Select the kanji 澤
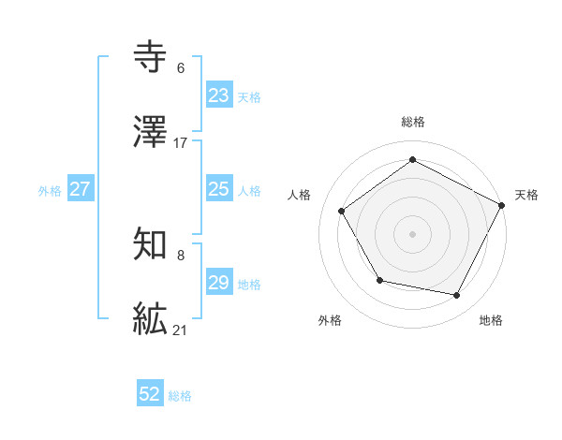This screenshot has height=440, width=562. pyautogui.click(x=151, y=132)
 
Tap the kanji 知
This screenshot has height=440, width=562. pyautogui.click(x=151, y=245)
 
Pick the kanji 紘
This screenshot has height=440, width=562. pyautogui.click(x=151, y=318)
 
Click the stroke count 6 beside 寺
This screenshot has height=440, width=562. pyautogui.click(x=180, y=68)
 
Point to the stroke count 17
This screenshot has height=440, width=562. pyautogui.click(x=181, y=142)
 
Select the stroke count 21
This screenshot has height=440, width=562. pyautogui.click(x=181, y=329)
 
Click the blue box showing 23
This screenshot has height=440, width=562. pyautogui.click(x=219, y=95)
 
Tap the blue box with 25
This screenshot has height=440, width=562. pyautogui.click(x=219, y=189)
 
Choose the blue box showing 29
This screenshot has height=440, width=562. pyautogui.click(x=219, y=283)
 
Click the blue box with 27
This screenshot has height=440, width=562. pyautogui.click(x=81, y=189)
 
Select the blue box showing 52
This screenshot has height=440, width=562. pyautogui.click(x=150, y=394)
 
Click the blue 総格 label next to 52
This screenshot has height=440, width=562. pyautogui.click(x=180, y=396)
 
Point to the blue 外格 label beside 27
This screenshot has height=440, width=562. pyautogui.click(x=50, y=191)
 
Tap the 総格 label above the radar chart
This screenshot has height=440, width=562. pyautogui.click(x=413, y=122)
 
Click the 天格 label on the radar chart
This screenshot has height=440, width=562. pyautogui.click(x=526, y=195)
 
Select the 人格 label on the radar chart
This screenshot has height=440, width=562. pyautogui.click(x=300, y=195)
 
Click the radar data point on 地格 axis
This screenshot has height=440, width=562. pyautogui.click(x=457, y=295)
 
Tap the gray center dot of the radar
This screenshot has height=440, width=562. pyautogui.click(x=413, y=233)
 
